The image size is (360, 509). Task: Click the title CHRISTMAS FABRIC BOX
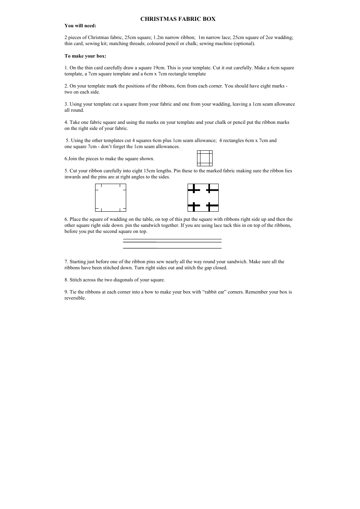click(178, 19)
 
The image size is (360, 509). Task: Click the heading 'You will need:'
click(80, 26)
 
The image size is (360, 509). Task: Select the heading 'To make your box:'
click(85, 56)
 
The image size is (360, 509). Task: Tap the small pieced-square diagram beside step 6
click(205, 158)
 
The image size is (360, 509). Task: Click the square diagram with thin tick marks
click(110, 198)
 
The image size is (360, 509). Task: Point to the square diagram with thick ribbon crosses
click(203, 198)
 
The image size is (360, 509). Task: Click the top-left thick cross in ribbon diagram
click(194, 189)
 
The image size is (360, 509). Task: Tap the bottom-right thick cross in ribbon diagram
click(212, 206)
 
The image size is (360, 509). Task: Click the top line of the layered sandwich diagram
click(172, 239)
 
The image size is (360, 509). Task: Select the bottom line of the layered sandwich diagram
click(172, 248)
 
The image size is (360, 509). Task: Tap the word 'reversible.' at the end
click(75, 298)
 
